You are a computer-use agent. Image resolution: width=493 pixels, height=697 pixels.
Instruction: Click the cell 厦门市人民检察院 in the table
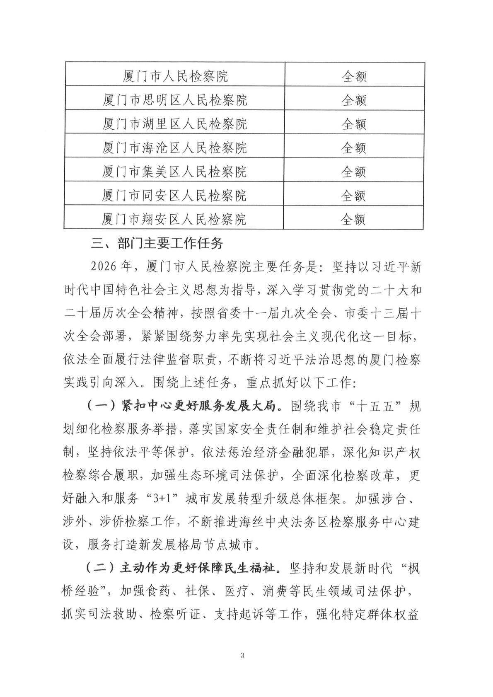(175, 76)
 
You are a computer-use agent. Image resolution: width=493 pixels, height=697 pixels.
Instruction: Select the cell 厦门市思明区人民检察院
(175, 100)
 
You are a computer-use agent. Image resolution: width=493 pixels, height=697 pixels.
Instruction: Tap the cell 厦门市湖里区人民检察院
(175, 123)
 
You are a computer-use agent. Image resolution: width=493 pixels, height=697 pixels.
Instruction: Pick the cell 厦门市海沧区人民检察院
(175, 148)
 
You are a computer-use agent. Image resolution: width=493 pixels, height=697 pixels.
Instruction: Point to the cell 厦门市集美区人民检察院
(175, 171)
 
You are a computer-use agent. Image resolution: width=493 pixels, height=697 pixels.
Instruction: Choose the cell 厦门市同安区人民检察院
(175, 195)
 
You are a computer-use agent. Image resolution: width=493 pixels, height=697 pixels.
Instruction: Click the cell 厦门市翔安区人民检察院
(175, 219)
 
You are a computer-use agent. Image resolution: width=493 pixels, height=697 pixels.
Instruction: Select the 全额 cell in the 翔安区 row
(353, 219)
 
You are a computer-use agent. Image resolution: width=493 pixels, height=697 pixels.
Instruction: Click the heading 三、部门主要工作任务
(157, 243)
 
